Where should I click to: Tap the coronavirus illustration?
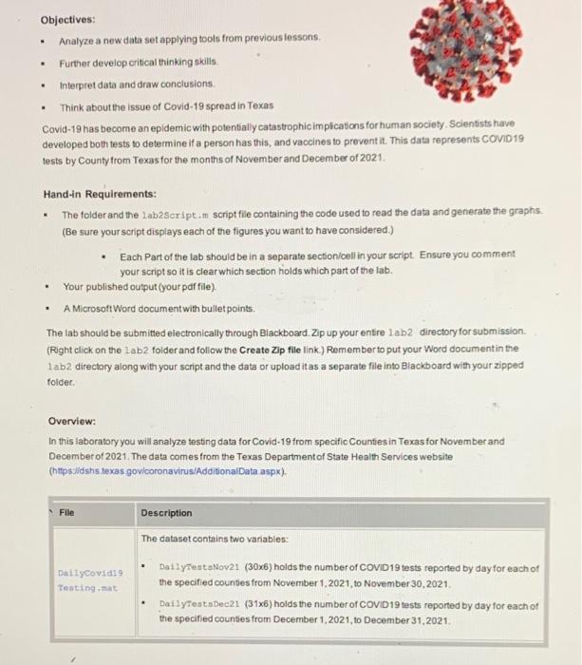point(505,48)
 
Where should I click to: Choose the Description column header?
point(166,513)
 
